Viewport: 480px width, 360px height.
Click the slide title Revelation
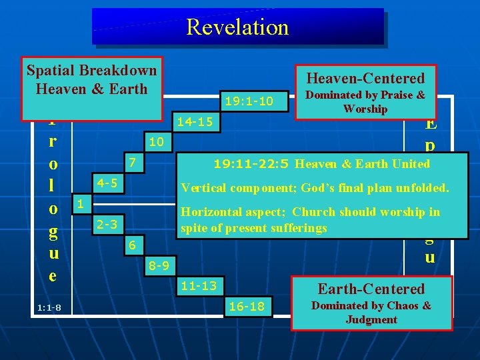[237, 27]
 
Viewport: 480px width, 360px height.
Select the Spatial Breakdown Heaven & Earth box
[91, 79]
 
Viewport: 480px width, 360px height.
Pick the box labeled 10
[156, 142]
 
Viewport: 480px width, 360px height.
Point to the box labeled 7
[133, 162]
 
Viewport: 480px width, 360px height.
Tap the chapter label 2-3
[107, 225]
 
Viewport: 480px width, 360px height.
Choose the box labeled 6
[133, 245]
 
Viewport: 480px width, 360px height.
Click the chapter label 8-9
[159, 266]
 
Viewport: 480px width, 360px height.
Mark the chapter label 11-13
[199, 286]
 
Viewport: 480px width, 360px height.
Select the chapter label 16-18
[246, 307]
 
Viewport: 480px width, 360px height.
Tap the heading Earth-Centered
[371, 289]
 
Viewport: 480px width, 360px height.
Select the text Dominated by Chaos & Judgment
[371, 313]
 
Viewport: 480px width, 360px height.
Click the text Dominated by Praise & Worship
[365, 102]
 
